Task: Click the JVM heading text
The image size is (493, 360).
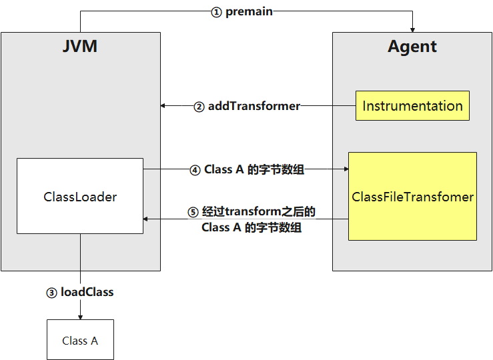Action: coord(81,46)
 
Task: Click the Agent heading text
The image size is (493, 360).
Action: coord(412,47)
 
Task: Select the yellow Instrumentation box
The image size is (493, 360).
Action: coord(412,105)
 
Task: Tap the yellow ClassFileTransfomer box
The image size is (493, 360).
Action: coord(412,197)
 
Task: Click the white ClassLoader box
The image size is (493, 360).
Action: coord(80,197)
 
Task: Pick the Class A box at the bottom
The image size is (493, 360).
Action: coord(80,341)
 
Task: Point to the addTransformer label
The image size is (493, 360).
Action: coord(254,105)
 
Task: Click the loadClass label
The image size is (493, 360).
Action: coord(87,292)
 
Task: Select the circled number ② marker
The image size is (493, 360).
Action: coord(199,106)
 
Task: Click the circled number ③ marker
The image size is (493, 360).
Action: coord(51,293)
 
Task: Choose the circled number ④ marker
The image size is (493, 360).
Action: coord(195,170)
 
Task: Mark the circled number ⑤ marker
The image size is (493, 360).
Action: coord(193,213)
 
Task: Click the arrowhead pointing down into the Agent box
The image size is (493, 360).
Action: coord(413,29)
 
